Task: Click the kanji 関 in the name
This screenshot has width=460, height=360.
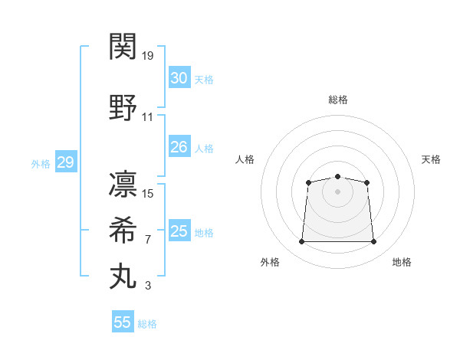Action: [123, 46]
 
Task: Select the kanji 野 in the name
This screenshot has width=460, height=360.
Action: [123, 107]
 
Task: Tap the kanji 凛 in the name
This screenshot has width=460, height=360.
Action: [123, 184]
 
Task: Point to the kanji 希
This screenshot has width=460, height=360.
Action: [123, 230]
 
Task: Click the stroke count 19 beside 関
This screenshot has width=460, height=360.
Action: [147, 56]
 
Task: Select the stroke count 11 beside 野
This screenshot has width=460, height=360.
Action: [147, 117]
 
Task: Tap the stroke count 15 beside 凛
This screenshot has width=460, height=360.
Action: [147, 194]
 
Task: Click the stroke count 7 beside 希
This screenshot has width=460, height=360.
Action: [148, 240]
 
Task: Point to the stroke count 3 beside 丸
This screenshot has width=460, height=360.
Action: [148, 286]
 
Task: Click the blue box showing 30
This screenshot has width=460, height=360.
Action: [179, 77]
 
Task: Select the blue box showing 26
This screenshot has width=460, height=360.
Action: [179, 146]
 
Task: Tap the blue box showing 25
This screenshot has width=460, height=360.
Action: [179, 230]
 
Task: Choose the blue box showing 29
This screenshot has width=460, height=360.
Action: [66, 162]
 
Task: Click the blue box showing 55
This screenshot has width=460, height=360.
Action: [123, 321]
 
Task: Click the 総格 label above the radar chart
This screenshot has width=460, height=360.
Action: [338, 100]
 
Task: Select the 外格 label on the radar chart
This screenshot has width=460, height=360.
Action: [270, 262]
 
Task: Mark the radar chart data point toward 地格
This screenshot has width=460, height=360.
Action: [373, 241]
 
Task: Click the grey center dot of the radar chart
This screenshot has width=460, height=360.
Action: [337, 191]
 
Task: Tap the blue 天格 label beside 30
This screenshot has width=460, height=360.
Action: [204, 80]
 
